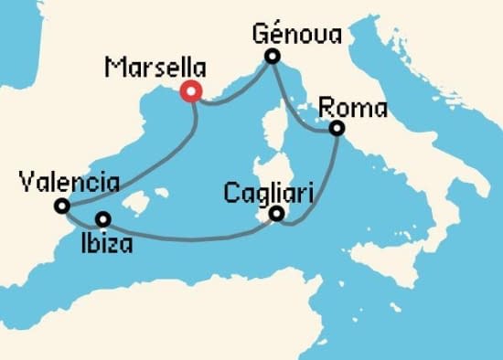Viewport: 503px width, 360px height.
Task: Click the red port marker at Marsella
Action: pyautogui.click(x=191, y=90)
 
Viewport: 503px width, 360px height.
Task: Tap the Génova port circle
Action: pyautogui.click(x=272, y=58)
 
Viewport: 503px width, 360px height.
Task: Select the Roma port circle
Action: pyautogui.click(x=337, y=129)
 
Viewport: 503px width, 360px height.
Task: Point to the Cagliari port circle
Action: pyautogui.click(x=276, y=216)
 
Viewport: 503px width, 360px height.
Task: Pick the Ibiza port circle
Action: pyautogui.click(x=103, y=219)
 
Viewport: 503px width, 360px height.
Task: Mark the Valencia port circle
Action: pyautogui.click(x=62, y=206)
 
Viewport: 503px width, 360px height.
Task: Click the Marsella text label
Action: pyautogui.click(x=155, y=68)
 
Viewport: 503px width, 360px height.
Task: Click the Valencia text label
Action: pyautogui.click(x=68, y=183)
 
